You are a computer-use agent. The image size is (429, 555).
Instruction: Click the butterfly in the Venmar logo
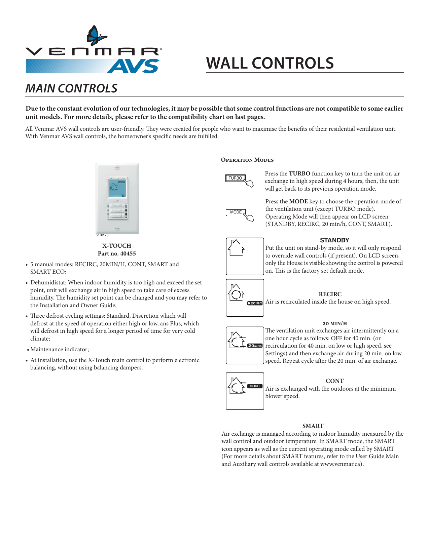pyautogui.click(x=96, y=35)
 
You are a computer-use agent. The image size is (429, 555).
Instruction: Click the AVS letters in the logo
pyautogui.click(x=134, y=66)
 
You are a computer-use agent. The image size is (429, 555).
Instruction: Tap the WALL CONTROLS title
pyautogui.click(x=270, y=63)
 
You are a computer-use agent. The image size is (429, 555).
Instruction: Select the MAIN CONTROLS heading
pyautogui.click(x=71, y=88)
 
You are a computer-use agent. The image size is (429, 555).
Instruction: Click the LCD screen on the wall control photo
pyautogui.click(x=117, y=189)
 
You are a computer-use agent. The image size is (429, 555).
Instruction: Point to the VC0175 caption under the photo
pyautogui.click(x=102, y=235)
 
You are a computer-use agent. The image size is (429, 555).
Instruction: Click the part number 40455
pyautogui.click(x=128, y=253)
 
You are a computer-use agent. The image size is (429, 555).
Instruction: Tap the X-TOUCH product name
pyautogui.click(x=117, y=246)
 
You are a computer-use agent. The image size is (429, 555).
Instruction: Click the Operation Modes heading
pyautogui.click(x=247, y=160)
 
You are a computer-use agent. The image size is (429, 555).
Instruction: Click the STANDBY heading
pyautogui.click(x=334, y=240)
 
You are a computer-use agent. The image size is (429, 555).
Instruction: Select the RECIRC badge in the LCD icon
pyautogui.click(x=255, y=303)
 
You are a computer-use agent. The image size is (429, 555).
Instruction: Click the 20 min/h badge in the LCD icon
pyautogui.click(x=255, y=346)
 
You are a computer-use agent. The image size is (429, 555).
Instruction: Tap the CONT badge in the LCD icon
pyautogui.click(x=255, y=386)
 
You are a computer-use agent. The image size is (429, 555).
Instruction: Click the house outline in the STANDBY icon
pyautogui.click(x=236, y=248)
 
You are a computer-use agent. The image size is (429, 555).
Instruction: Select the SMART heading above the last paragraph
pyautogui.click(x=313, y=426)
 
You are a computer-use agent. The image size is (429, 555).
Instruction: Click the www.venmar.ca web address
pyautogui.click(x=341, y=464)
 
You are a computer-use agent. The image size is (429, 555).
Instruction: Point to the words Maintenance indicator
pyautogui.click(x=60, y=350)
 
